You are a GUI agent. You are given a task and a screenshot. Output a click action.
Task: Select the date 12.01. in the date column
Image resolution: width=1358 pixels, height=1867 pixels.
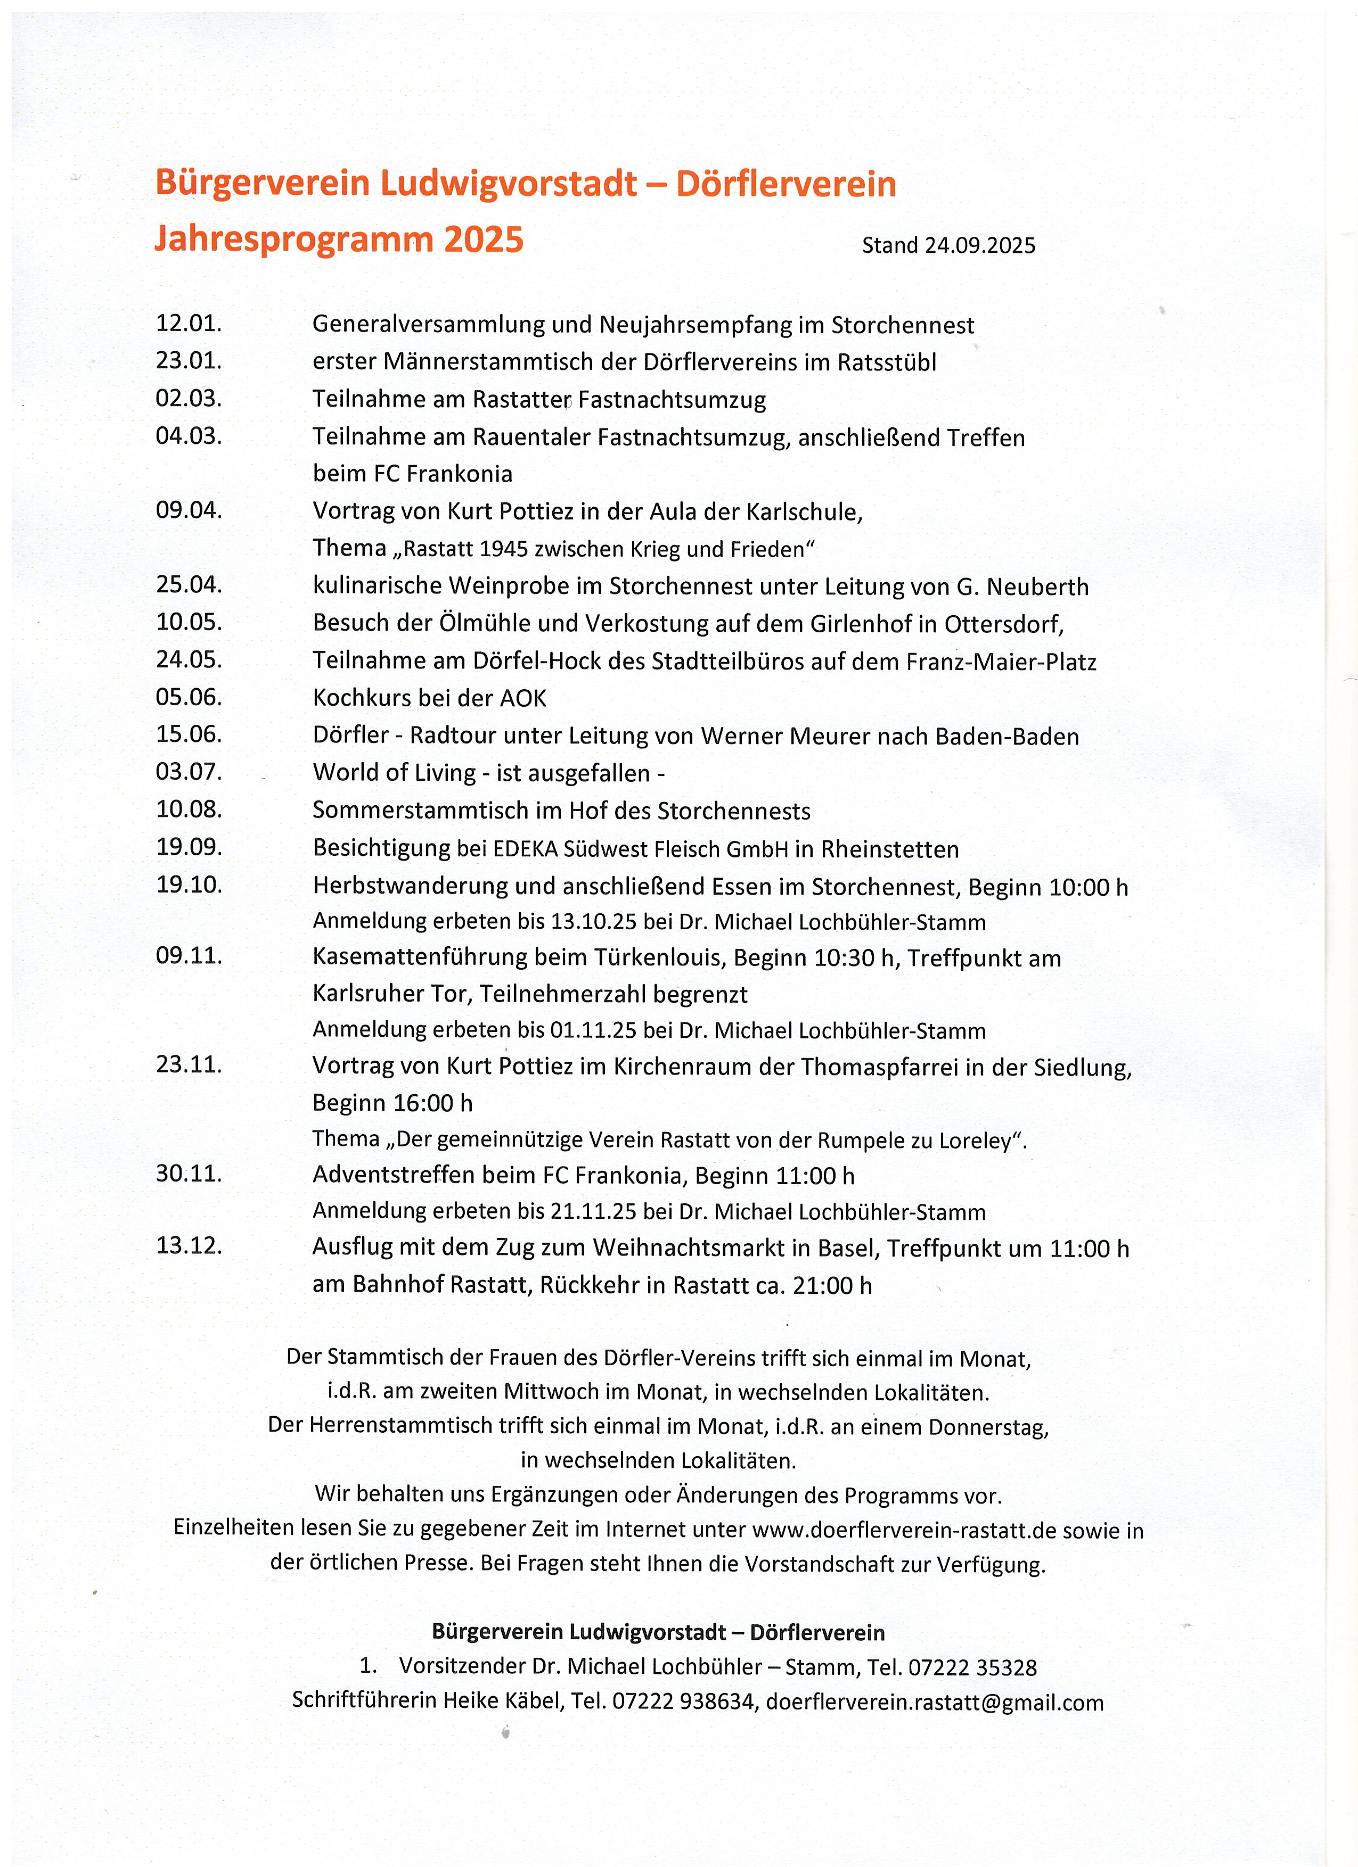(189, 323)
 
